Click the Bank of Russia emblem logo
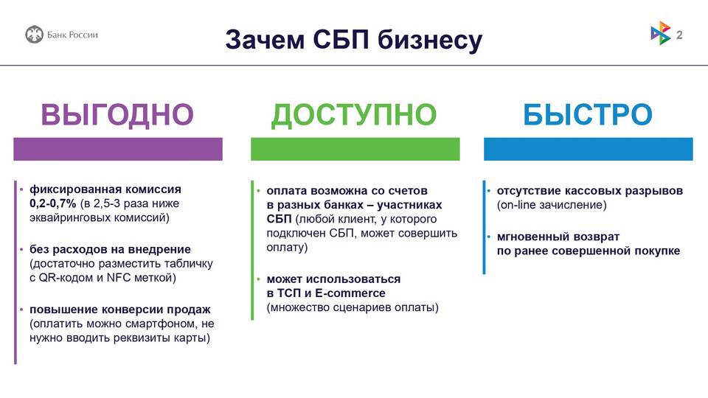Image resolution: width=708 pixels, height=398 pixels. (35, 35)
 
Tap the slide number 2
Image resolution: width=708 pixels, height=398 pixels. (679, 35)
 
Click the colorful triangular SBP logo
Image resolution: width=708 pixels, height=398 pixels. (661, 33)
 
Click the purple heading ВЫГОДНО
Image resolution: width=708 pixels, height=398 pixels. (117, 115)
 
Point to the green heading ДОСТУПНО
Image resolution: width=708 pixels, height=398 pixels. (354, 115)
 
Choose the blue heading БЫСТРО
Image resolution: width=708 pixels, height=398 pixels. (588, 115)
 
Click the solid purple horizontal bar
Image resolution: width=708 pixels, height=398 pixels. (118, 149)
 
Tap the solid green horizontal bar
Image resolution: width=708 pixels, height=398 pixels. (355, 149)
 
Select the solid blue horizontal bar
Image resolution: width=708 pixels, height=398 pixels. (589, 149)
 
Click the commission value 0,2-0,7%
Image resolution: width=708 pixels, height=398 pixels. (53, 203)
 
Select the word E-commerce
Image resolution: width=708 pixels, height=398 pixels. (350, 293)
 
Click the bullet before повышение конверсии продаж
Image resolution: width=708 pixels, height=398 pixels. (21, 310)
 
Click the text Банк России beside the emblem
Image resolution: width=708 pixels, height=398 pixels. (72, 35)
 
